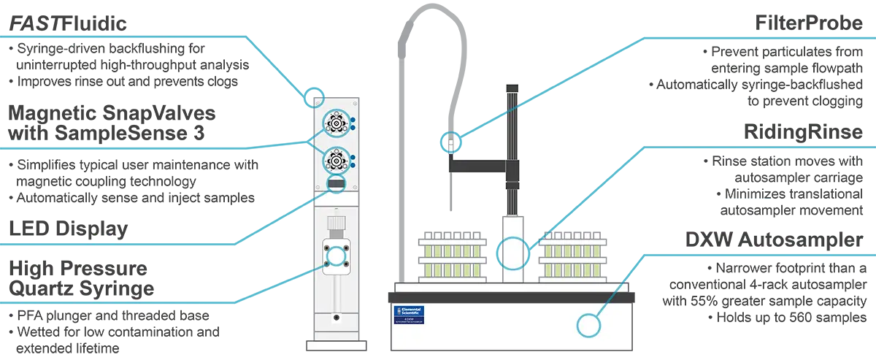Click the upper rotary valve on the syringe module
click(x=336, y=123)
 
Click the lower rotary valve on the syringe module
click(x=336, y=158)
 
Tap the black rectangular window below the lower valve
click(x=336, y=185)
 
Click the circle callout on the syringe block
click(x=337, y=256)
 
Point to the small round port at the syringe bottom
click(x=336, y=318)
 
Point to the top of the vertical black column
click(x=512, y=88)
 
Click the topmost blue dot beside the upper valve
click(x=353, y=118)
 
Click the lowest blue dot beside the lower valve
click(x=353, y=164)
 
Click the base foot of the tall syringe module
click(x=336, y=345)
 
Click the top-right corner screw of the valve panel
click(x=356, y=100)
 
